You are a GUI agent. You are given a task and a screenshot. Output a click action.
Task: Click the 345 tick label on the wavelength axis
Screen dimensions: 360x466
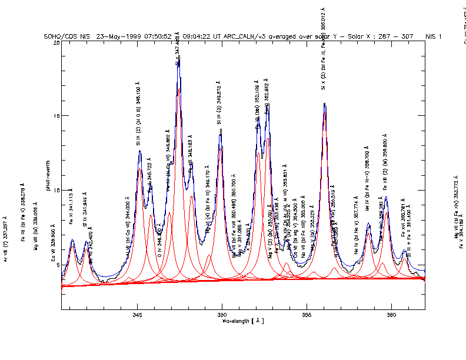pos(137,315)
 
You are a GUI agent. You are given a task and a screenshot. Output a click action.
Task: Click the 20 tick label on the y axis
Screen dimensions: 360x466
pos(56,42)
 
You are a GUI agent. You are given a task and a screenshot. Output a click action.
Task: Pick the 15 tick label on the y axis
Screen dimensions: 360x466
pos(56,116)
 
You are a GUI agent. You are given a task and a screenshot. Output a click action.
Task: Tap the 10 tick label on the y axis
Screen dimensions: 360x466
pos(56,191)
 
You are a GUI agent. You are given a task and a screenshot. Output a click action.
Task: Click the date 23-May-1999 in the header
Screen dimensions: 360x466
pos(117,36)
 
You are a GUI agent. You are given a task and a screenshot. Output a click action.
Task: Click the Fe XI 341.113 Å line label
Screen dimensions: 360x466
pos(71,207)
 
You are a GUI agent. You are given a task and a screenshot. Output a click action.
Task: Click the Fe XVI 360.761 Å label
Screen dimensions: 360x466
pos(404,225)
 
